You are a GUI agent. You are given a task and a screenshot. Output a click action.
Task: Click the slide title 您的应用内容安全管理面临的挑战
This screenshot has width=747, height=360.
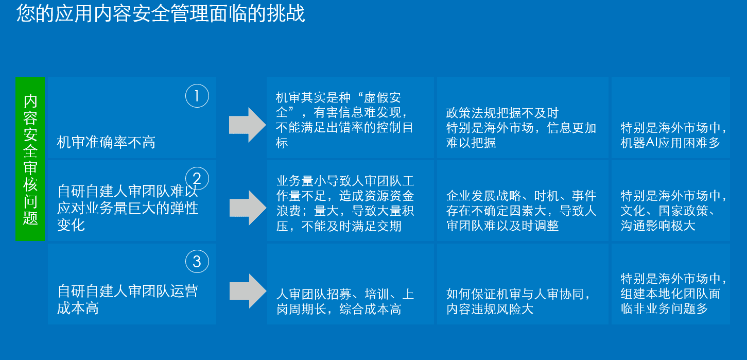point(161,14)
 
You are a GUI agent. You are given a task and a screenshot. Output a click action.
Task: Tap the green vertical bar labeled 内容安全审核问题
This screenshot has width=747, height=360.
point(30,159)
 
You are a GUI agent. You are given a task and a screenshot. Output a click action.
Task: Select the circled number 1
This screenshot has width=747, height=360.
point(197,96)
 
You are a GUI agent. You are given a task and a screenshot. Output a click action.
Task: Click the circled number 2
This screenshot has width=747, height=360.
point(197,179)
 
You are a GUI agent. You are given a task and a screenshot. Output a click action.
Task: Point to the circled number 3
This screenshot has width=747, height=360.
point(197,261)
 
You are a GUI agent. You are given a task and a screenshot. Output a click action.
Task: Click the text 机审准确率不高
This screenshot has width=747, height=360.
point(106,143)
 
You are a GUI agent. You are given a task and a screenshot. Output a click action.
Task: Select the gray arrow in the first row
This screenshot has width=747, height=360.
point(248,125)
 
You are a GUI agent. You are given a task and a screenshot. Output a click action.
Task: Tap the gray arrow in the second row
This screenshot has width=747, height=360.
point(248,208)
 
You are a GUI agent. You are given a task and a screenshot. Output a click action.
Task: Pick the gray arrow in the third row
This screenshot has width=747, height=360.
point(248,291)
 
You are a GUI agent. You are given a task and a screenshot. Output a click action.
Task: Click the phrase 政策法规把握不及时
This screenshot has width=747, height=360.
point(502,113)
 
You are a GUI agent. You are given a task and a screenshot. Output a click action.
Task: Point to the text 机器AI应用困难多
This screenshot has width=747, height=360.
point(670,143)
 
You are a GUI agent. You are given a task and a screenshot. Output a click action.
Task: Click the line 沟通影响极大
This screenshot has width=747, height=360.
point(658,226)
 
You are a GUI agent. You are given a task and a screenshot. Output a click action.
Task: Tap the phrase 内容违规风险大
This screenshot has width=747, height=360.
point(490,309)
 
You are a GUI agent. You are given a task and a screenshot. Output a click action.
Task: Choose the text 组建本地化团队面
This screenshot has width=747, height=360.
point(670,294)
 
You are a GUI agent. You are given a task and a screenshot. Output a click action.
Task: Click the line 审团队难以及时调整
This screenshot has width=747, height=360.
point(502,226)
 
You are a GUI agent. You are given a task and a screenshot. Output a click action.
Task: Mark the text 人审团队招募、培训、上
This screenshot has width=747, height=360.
point(345,294)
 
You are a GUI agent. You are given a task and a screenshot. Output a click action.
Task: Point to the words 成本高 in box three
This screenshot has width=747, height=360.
point(78,308)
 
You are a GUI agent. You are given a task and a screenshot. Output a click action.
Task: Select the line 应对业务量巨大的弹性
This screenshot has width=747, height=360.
point(127,208)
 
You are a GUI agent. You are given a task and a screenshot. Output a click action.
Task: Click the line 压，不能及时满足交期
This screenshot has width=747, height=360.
point(339,226)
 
